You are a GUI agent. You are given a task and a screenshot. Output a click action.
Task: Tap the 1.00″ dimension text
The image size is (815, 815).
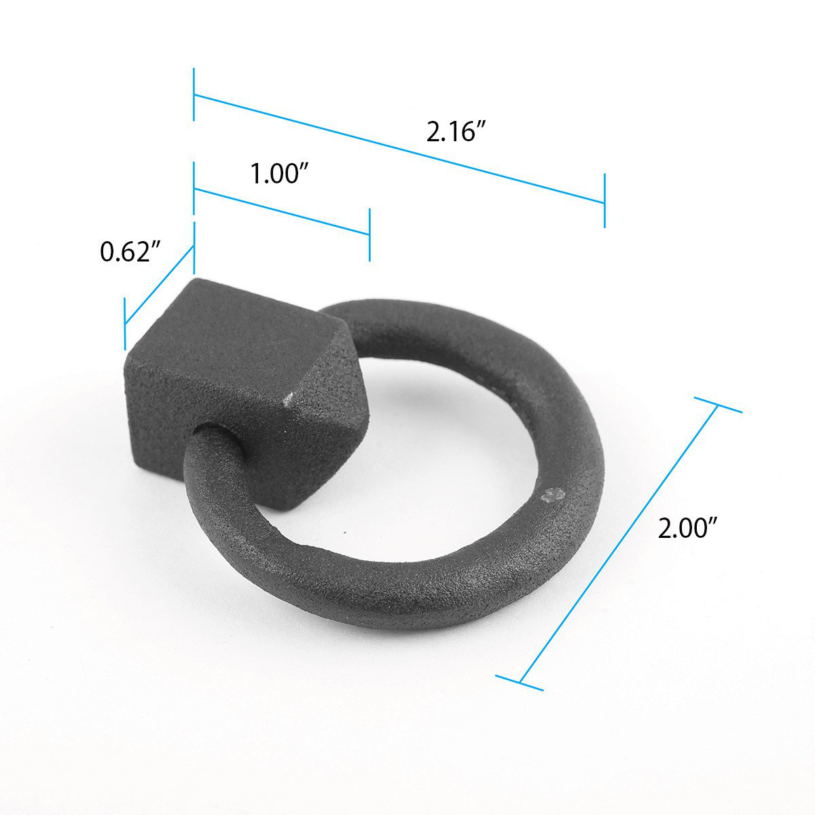coord(280,174)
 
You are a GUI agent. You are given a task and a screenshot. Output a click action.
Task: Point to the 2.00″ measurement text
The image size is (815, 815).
coord(687,527)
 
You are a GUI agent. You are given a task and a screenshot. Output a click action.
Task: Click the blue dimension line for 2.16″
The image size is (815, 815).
coord(399,149)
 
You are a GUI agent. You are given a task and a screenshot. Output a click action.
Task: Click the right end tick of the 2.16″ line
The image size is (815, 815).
coord(604,201)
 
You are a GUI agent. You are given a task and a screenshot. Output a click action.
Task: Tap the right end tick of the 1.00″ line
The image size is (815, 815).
coord(369,235)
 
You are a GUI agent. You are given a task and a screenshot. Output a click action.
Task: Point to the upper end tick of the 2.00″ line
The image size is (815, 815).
coord(717,405)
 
